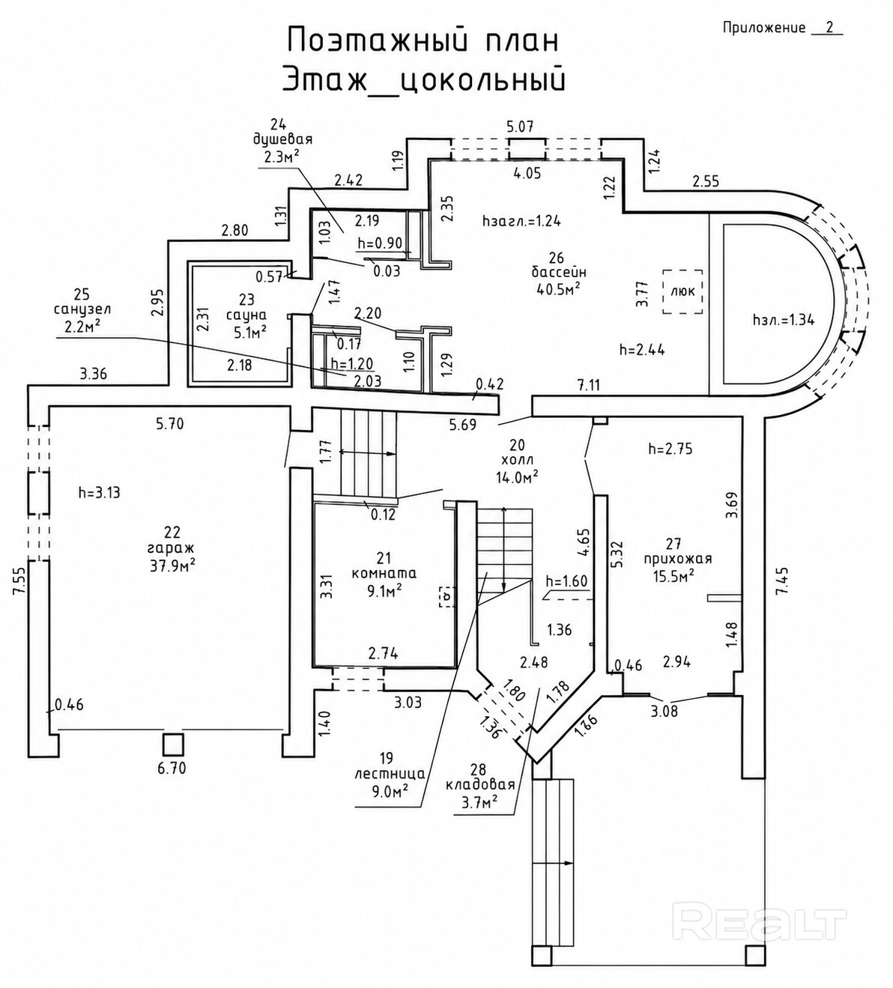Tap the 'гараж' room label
(172, 548)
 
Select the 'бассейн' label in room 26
(559, 271)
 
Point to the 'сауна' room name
(246, 315)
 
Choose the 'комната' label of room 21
(384, 573)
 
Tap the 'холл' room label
(517, 460)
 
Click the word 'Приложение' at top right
(763, 28)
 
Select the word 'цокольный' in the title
(480, 80)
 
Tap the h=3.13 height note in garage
(99, 492)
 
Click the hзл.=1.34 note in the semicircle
(784, 320)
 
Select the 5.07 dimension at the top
(521, 127)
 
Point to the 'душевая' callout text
(282, 139)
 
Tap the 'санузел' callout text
(82, 309)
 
